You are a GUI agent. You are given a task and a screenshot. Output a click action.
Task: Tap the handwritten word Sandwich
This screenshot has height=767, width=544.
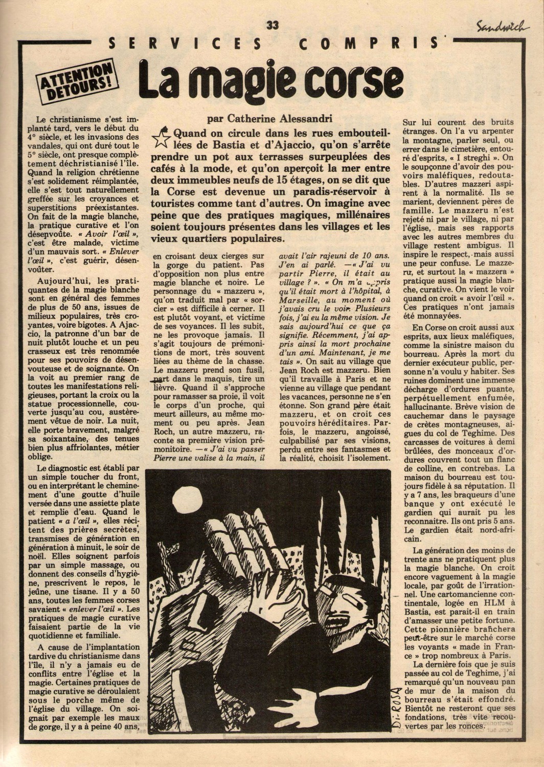tap(500, 27)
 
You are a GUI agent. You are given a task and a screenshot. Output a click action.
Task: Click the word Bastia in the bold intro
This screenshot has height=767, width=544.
tap(206, 145)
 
